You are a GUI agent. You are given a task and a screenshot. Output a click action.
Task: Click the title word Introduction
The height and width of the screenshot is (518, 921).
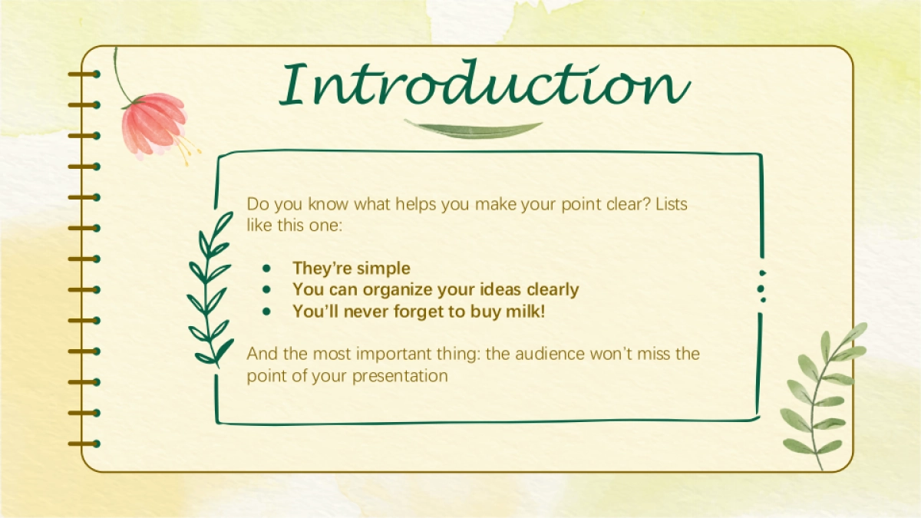[x=484, y=84]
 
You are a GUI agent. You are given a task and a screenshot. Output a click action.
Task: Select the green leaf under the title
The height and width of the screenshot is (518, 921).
[x=473, y=130]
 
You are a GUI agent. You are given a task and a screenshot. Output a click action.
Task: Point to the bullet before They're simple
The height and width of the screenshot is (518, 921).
[x=267, y=269]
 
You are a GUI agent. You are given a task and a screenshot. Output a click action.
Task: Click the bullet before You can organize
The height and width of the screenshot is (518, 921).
[x=267, y=290]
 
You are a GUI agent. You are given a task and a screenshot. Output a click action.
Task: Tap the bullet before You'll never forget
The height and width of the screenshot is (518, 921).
[x=267, y=312]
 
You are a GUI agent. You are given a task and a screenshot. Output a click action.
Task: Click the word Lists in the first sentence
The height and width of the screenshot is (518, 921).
[x=672, y=204]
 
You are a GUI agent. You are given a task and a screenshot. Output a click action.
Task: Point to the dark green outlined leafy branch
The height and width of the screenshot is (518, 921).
[x=210, y=290]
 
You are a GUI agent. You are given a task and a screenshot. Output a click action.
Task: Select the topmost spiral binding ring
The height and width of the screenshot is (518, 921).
[x=84, y=74]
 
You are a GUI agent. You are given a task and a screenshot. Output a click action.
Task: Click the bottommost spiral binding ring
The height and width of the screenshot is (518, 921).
[x=84, y=444]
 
